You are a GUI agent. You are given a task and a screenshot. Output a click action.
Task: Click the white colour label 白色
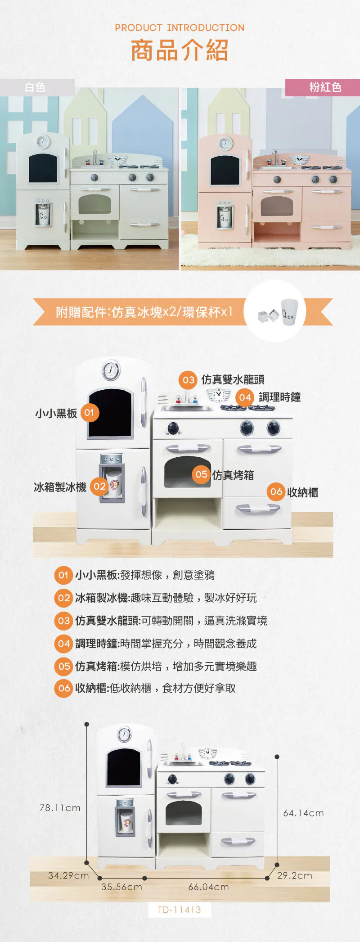pyautogui.click(x=35, y=87)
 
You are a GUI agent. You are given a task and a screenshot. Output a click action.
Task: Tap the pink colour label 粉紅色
pyautogui.click(x=325, y=87)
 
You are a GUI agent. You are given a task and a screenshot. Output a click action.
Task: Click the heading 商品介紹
pyautogui.click(x=180, y=50)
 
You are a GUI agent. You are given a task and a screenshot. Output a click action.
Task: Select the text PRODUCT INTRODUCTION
pyautogui.click(x=180, y=28)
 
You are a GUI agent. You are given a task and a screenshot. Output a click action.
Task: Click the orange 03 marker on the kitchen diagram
pyautogui.click(x=188, y=380)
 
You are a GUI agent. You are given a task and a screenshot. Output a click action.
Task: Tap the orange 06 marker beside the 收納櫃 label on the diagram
pyautogui.click(x=276, y=492)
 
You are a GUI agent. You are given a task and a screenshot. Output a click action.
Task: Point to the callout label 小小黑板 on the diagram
pyautogui.click(x=56, y=413)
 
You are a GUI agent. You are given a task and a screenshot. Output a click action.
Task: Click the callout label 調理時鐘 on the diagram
pyautogui.click(x=279, y=397)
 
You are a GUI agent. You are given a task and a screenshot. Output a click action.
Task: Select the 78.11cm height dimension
pyautogui.click(x=60, y=808)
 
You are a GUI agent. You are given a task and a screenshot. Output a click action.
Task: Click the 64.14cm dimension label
pyautogui.click(x=303, y=813)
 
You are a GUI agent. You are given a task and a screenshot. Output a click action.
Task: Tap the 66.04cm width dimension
pyautogui.click(x=208, y=887)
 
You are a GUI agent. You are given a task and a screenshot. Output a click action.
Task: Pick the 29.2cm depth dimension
pyautogui.click(x=295, y=875)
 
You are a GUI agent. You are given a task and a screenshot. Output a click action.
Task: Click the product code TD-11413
pyautogui.click(x=180, y=910)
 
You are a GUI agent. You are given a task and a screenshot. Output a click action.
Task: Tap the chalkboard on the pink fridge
pyautogui.click(x=225, y=170)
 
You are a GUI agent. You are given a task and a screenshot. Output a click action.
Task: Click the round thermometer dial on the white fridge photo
pyautogui.click(x=43, y=141)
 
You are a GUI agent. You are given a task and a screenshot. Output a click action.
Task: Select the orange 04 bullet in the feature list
pyautogui.click(x=63, y=644)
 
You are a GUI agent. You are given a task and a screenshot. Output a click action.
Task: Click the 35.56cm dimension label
pyautogui.click(x=121, y=887)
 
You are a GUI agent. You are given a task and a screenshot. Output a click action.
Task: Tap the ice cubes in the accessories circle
pyautogui.click(x=269, y=315)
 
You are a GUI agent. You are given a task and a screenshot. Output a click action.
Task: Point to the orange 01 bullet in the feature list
pyautogui.click(x=63, y=575)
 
